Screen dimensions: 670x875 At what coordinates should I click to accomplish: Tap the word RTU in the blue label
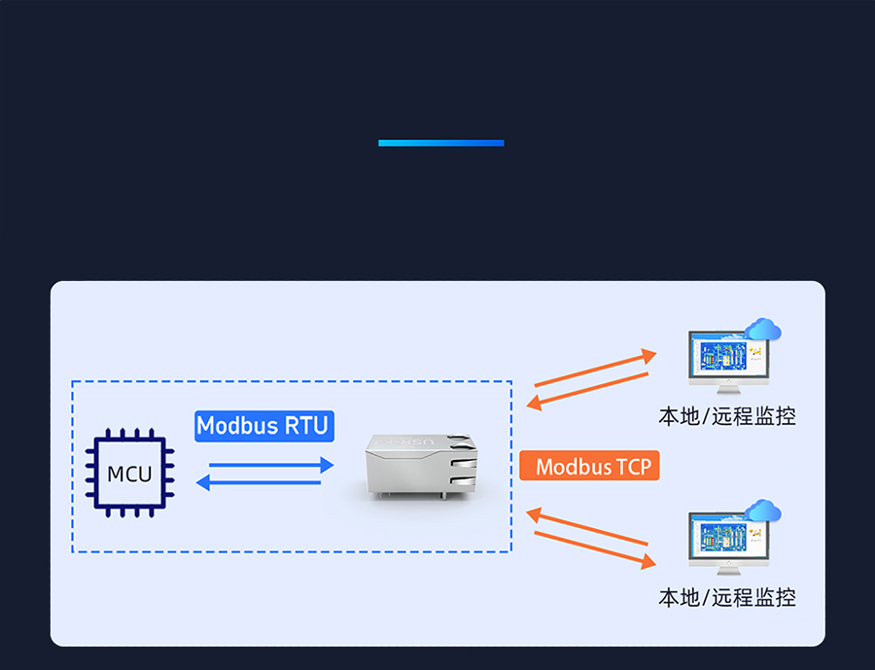coord(307,426)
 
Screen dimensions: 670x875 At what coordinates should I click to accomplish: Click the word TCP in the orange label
coord(632,467)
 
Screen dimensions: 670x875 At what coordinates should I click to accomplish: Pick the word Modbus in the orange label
coord(572,467)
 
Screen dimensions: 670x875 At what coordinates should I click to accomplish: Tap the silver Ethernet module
coord(421,467)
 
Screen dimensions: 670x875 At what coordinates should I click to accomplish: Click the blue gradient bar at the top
coord(440,143)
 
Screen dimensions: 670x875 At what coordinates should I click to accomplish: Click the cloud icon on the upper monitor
coord(762,330)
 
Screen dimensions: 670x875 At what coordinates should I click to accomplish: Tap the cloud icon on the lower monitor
coord(762,511)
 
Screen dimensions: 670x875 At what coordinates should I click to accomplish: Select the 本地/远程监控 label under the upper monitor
coord(726,416)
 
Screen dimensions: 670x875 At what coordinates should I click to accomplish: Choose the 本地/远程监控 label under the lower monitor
coord(726,597)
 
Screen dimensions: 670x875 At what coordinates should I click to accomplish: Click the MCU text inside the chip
coord(129,475)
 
